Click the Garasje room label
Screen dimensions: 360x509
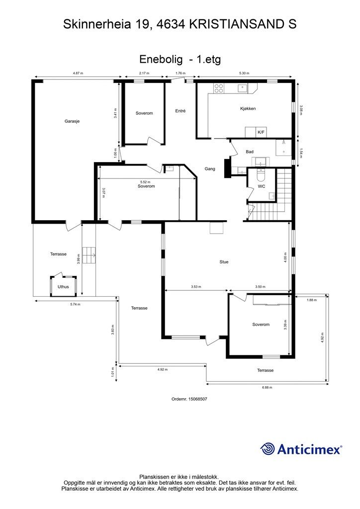point(72,121)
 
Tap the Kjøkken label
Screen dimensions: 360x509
point(248,108)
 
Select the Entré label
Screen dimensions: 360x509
point(180,111)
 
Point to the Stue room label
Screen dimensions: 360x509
point(224,261)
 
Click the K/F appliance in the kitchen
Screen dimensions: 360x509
point(261,132)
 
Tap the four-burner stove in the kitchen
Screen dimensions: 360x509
point(219,88)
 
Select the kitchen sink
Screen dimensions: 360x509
point(242,88)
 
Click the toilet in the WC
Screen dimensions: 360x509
point(261,175)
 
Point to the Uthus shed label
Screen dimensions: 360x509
point(63,287)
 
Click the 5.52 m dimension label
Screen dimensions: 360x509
point(145,182)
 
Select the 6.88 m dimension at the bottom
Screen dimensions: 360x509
point(268,387)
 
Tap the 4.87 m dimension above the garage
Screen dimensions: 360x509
point(78,73)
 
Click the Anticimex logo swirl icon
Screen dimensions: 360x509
point(268,449)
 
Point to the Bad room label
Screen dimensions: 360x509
point(250,152)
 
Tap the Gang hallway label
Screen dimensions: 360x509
point(210,169)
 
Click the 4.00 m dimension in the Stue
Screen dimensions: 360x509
point(285,257)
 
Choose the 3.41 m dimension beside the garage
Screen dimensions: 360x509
point(115,113)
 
